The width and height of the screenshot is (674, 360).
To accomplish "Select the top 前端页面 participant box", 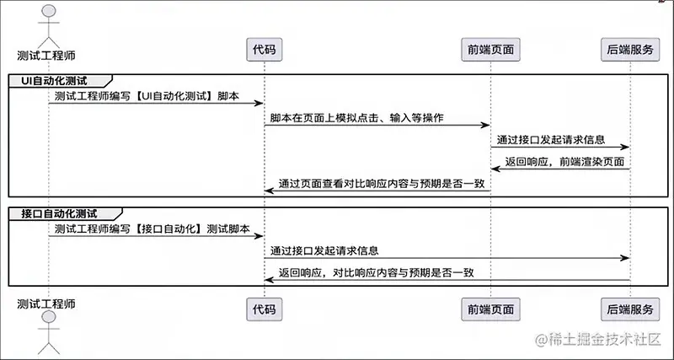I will click(491, 50).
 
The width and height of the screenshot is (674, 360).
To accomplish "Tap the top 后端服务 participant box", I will click(630, 50).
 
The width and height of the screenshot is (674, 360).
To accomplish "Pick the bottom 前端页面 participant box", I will click(491, 309).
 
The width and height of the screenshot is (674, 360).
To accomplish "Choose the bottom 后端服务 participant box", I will click(630, 309).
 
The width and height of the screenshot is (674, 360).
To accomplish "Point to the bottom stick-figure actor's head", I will click(48, 319).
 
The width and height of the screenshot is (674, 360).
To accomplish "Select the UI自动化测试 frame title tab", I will click(58, 80).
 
